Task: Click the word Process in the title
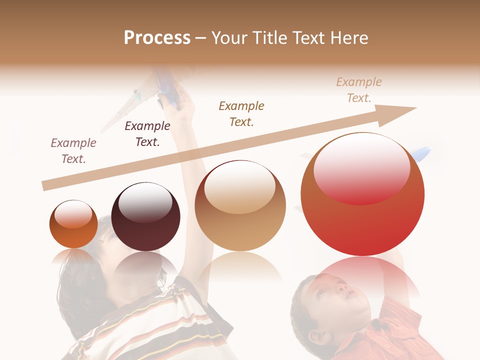click(157, 38)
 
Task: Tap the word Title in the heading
click(269, 38)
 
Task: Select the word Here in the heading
click(350, 38)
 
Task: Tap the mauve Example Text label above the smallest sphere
click(73, 151)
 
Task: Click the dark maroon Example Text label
click(147, 134)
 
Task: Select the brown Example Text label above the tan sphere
click(241, 113)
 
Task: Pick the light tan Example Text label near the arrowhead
click(359, 90)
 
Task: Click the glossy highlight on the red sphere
click(362, 167)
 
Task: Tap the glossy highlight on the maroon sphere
click(145, 202)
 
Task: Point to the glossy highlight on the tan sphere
click(240, 187)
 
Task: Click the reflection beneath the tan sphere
click(240, 267)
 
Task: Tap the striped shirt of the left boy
click(150, 325)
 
